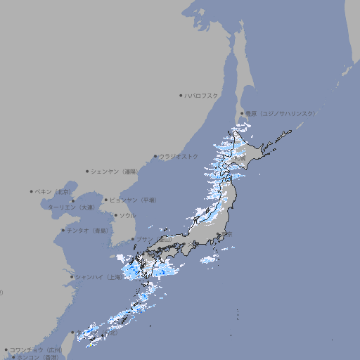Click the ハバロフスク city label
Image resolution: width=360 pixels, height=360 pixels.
[202, 95]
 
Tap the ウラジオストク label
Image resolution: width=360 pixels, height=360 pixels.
[180, 156]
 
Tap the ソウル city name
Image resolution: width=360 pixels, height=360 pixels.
[127, 215]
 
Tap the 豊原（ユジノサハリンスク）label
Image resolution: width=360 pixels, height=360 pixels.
[280, 113]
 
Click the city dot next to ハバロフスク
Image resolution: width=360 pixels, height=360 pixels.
[181, 95]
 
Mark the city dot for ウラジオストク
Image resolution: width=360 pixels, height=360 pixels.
[155, 156]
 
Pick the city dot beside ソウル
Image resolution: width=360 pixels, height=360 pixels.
[115, 215]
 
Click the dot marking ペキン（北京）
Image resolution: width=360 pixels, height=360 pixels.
[32, 191]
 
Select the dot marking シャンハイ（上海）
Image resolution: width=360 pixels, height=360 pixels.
[72, 277]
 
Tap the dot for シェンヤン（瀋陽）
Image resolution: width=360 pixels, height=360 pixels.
[87, 171]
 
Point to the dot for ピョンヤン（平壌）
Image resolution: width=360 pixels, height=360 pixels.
[106, 200]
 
